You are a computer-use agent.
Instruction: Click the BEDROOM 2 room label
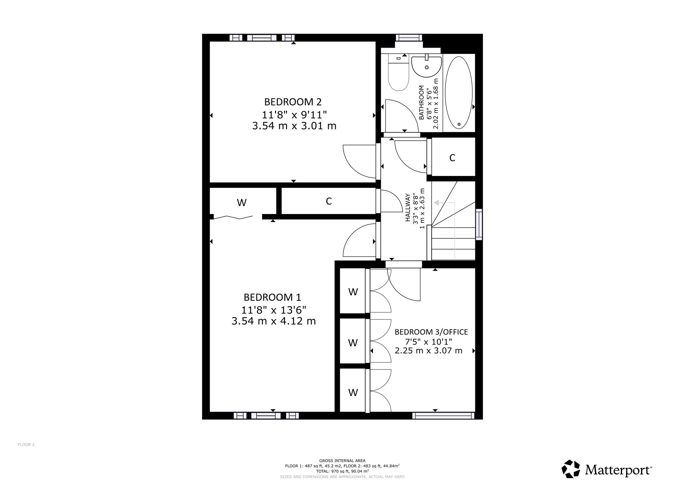293,102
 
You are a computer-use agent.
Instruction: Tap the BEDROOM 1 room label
272,297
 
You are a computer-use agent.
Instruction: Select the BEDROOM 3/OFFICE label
431,332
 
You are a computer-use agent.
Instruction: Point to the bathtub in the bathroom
459,93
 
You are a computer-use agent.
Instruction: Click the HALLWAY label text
408,208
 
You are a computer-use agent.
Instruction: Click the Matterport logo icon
571,469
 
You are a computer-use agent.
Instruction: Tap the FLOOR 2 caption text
26,445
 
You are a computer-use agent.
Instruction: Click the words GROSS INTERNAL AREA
342,461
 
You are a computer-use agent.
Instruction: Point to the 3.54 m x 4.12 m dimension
274,321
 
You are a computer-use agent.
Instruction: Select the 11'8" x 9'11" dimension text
294,114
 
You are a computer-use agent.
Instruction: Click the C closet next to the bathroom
452,158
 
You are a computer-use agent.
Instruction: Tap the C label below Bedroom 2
329,201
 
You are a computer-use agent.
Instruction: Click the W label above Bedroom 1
242,203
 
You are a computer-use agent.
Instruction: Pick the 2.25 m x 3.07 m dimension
428,351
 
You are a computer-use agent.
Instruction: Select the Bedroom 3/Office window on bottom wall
443,416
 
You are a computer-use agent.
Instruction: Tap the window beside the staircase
479,224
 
